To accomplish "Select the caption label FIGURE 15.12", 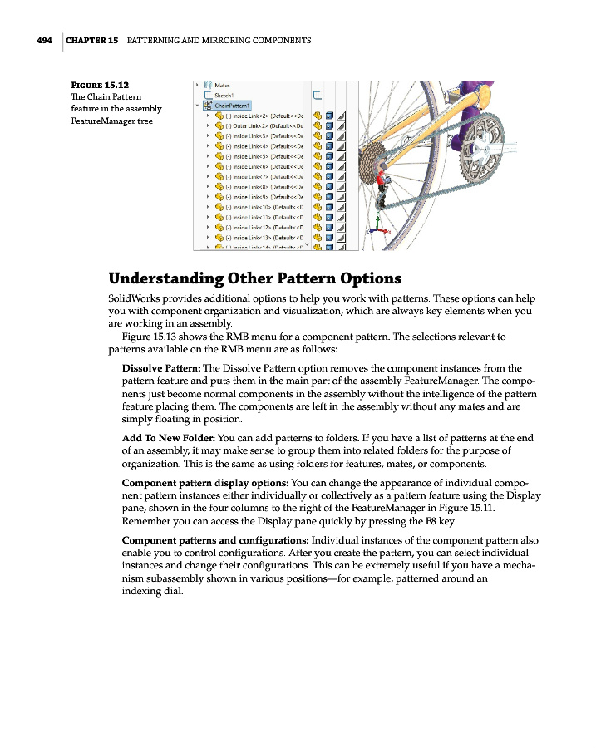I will point(100,84).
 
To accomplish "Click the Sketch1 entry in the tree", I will point(225,95).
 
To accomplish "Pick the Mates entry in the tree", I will point(223,85).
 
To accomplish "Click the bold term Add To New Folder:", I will point(170,438).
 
